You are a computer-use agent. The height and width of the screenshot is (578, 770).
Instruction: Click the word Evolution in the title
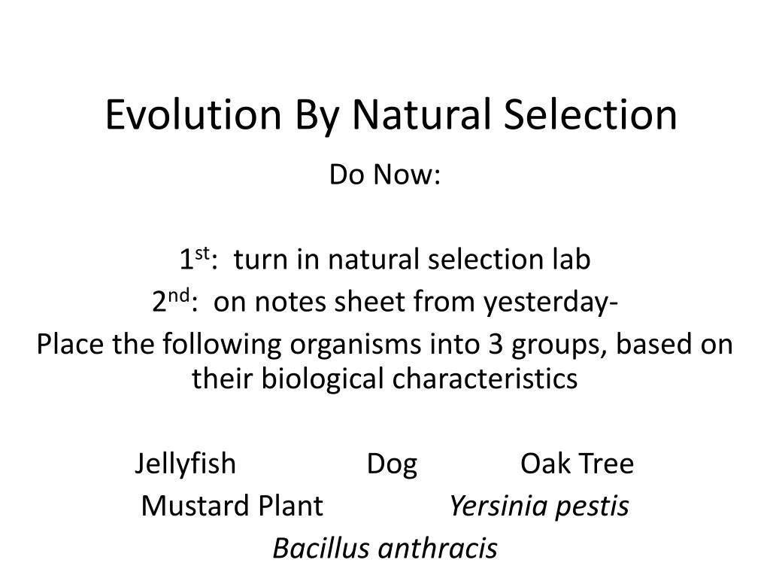[190, 114]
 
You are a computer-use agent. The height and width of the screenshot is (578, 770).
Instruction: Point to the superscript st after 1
[202, 254]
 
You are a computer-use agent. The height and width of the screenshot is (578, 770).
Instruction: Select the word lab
[571, 260]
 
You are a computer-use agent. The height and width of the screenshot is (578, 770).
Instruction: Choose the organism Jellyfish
[186, 464]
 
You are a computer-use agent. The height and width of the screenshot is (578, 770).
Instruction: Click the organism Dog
[392, 464]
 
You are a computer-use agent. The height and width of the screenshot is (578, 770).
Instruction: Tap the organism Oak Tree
[577, 464]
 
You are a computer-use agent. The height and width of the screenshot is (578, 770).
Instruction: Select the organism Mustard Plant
[232, 507]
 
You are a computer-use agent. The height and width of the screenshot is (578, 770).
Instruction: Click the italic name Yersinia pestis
[538, 507]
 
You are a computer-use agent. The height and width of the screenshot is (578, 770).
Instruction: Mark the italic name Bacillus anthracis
[385, 549]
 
